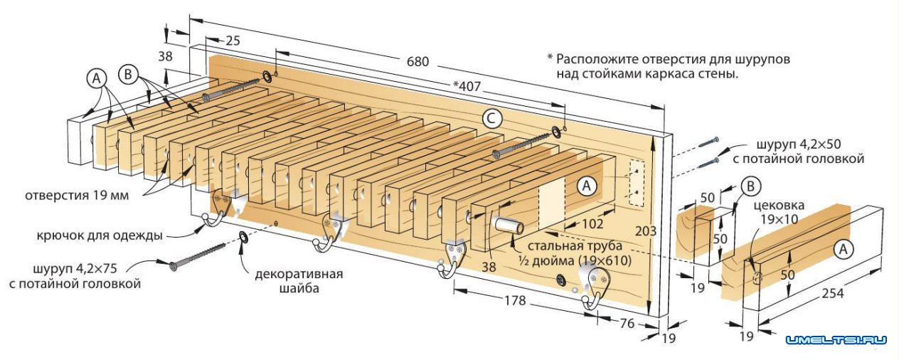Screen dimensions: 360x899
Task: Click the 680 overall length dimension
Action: click(x=417, y=62)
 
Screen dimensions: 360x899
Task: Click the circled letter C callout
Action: click(x=489, y=118)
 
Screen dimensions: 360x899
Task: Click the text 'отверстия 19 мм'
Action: click(x=77, y=195)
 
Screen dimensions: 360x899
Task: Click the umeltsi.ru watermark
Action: click(x=836, y=340)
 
